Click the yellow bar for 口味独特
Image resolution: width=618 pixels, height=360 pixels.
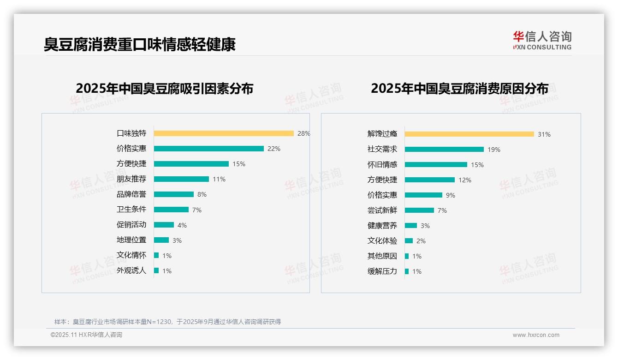pyautogui.click(x=224, y=133)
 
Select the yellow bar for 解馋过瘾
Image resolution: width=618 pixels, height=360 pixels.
pyautogui.click(x=469, y=134)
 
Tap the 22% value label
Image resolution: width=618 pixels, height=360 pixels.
pyautogui.click(x=274, y=149)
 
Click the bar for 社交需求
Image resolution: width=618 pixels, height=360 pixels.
pyautogui.click(x=444, y=150)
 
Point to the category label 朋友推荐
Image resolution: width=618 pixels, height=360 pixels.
pyautogui.click(x=131, y=179)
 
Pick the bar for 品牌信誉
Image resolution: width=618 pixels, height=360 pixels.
pyautogui.click(x=174, y=194)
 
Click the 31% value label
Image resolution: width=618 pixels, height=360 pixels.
pyautogui.click(x=544, y=134)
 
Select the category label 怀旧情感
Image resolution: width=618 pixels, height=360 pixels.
pyautogui.click(x=382, y=165)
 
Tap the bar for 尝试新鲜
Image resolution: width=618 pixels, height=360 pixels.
pyautogui.click(x=419, y=210)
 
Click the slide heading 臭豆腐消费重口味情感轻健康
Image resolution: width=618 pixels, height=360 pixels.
pyautogui.click(x=140, y=44)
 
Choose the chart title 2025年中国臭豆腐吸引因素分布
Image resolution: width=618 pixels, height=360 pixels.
pyautogui.click(x=165, y=89)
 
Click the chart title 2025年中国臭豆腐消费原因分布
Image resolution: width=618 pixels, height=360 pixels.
pyautogui.click(x=459, y=89)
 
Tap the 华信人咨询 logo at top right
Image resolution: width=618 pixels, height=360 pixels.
pyautogui.click(x=542, y=41)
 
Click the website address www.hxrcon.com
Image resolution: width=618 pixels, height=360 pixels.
pyautogui.click(x=536, y=335)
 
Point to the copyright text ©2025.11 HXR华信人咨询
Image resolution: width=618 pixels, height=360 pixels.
pyautogui.click(x=86, y=335)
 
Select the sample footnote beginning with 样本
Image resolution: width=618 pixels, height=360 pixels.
pyautogui.click(x=167, y=322)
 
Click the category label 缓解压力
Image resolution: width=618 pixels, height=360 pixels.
pyautogui.click(x=382, y=271)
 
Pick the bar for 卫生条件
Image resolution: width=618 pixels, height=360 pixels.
pyautogui.click(x=171, y=210)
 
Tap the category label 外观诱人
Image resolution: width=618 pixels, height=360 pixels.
pyautogui.click(x=131, y=270)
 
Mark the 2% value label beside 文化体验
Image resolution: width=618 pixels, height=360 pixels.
pyautogui.click(x=421, y=241)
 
